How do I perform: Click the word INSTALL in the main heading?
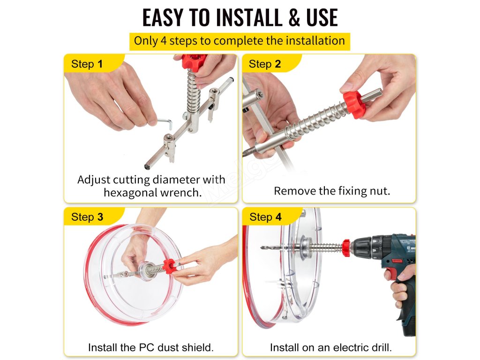pos(249,18)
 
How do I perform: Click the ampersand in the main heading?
pos(294,18)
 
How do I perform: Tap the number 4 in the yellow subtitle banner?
pos(164,41)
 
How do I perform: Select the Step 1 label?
pos(87,64)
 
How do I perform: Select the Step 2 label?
pos(265,64)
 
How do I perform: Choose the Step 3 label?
pos(87,217)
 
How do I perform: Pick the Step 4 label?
pos(265,217)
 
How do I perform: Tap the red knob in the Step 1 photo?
pos(194,62)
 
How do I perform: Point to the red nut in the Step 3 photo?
pos(169,265)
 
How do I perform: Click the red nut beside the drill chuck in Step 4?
pos(346,247)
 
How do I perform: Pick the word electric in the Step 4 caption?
pos(347,348)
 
